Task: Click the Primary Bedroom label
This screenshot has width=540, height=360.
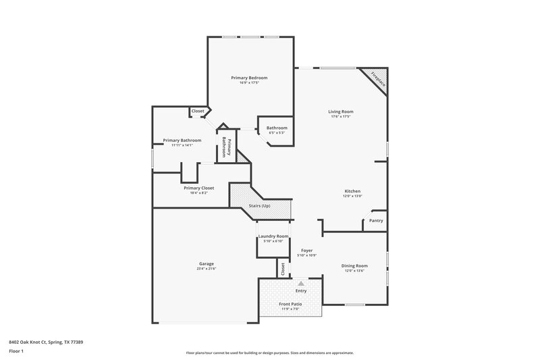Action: pos(249,78)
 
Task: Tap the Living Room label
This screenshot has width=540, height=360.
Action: pos(341,111)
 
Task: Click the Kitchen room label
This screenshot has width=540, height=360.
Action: pos(352,191)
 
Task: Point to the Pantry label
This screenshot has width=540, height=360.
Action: pos(376,220)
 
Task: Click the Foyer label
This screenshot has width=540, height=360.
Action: pos(306,250)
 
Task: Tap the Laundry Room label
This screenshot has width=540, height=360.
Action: pos(273,236)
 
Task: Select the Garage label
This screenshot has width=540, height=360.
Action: pos(206,263)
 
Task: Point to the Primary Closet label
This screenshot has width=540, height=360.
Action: pos(198,188)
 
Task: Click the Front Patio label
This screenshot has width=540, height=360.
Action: pos(290,304)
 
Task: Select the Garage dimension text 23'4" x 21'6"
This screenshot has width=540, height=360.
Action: pos(206,269)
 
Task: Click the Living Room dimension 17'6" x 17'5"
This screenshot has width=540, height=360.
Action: pos(341,117)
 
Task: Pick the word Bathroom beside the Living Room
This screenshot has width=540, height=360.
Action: pos(277,128)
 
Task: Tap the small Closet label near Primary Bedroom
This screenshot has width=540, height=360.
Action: pos(198,111)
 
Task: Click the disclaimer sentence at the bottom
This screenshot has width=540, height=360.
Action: pos(270,353)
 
